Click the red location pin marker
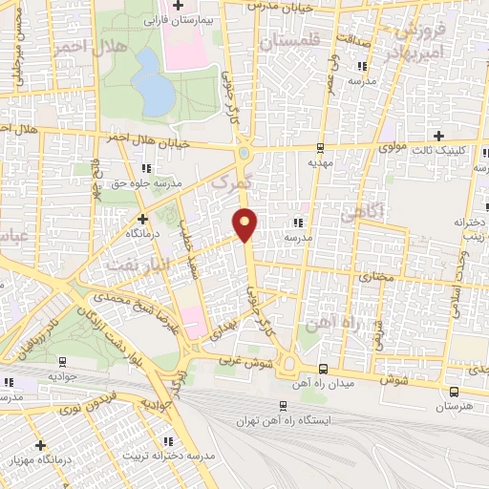pos(245,223)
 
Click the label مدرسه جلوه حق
pos(144,182)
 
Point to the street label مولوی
pos(393,148)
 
